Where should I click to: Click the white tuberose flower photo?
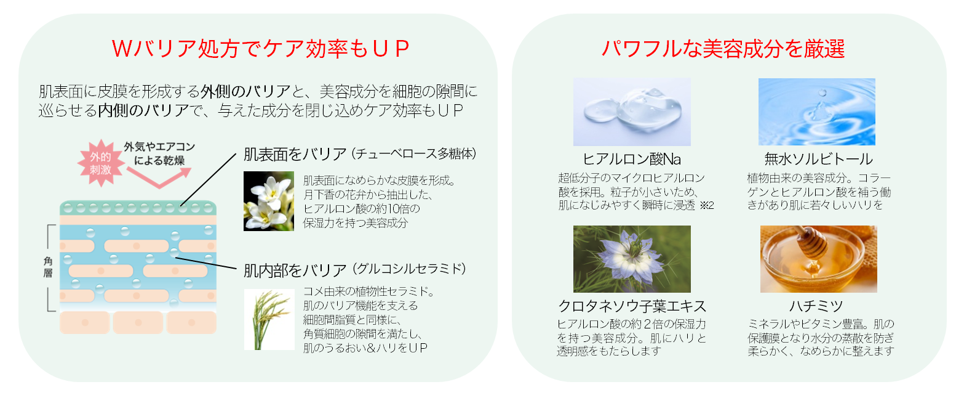pos(268,201)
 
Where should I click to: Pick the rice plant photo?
pos(268,319)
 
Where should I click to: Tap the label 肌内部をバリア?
pos(295,270)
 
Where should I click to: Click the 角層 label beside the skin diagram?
pos(48,267)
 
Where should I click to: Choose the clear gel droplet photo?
pos(631,112)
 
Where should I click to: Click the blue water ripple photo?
pos(816,112)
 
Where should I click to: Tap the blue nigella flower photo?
pos(631,259)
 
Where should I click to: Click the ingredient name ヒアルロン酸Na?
pos(632,159)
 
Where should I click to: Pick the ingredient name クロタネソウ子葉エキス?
pos(632,306)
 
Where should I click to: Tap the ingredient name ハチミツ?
pos(816,306)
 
